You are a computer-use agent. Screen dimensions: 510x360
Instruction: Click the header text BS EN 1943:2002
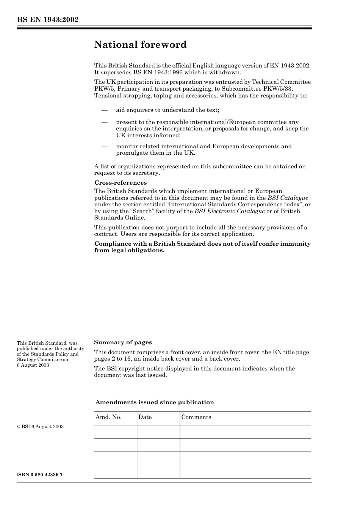pos(47,20)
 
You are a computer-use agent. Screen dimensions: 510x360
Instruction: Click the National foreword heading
pos(140,45)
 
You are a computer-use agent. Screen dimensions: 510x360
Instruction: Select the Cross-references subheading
pos(121,183)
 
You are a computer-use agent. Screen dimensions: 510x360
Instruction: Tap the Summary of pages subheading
pos(123,342)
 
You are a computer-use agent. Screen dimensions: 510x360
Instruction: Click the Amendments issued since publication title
pos(155,402)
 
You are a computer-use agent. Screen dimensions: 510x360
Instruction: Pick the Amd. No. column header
pos(108,417)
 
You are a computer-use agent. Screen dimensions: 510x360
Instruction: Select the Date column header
pos(145,417)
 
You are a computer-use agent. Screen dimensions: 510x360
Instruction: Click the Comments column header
pos(196,417)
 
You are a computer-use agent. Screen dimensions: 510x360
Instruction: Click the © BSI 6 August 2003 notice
pos(40,427)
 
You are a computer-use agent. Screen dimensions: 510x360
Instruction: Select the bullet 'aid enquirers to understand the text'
pos(167,110)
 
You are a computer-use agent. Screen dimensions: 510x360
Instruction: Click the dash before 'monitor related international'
pos(104,146)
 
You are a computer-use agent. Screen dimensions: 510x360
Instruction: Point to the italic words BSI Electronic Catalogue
pos(229,211)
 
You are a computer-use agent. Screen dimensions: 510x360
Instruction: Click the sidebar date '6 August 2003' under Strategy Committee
pos(33,365)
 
